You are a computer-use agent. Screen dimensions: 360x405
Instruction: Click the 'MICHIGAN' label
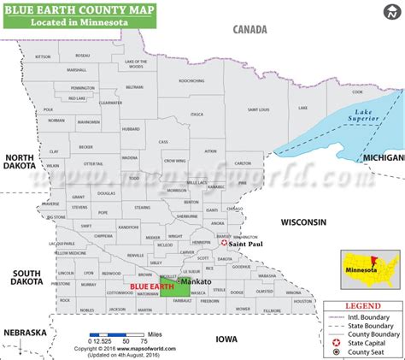tap(383, 158)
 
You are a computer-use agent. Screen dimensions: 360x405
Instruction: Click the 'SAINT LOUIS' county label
tap(259, 109)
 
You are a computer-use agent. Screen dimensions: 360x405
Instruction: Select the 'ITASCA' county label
tap(197, 113)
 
